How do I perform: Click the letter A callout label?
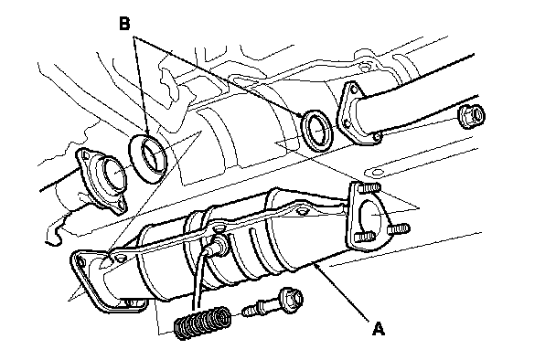[379, 328]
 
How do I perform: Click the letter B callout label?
[124, 24]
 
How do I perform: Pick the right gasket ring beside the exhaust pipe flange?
[317, 131]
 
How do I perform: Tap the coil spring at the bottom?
[202, 323]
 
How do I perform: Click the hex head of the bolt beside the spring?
[291, 299]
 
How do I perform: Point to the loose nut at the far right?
[472, 114]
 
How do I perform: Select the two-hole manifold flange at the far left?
[101, 181]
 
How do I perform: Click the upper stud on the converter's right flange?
[369, 186]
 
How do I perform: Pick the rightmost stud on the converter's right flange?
[399, 228]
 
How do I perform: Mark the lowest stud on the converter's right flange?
[365, 237]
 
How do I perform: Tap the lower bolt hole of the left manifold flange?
[121, 206]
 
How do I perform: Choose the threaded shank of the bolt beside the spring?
[260, 309]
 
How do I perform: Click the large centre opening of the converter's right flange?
[371, 217]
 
